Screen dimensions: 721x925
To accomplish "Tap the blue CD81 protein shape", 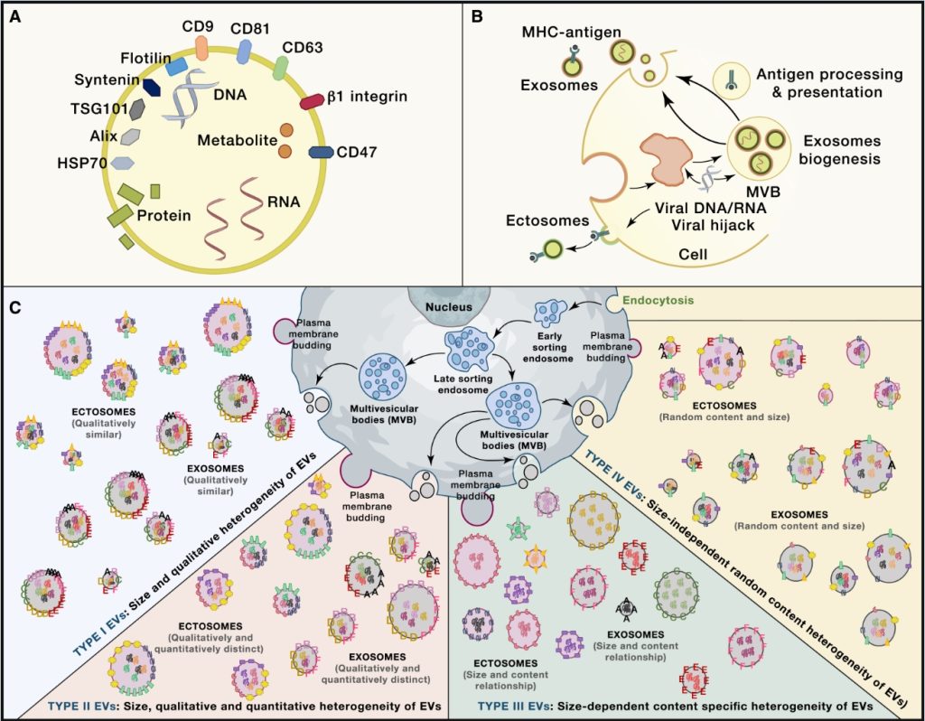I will (x=244, y=52).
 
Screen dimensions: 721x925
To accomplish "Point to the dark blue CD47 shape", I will (x=321, y=153).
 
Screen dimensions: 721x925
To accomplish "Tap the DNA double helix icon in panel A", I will (x=193, y=98).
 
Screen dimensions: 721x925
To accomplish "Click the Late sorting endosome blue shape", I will (x=471, y=347).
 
